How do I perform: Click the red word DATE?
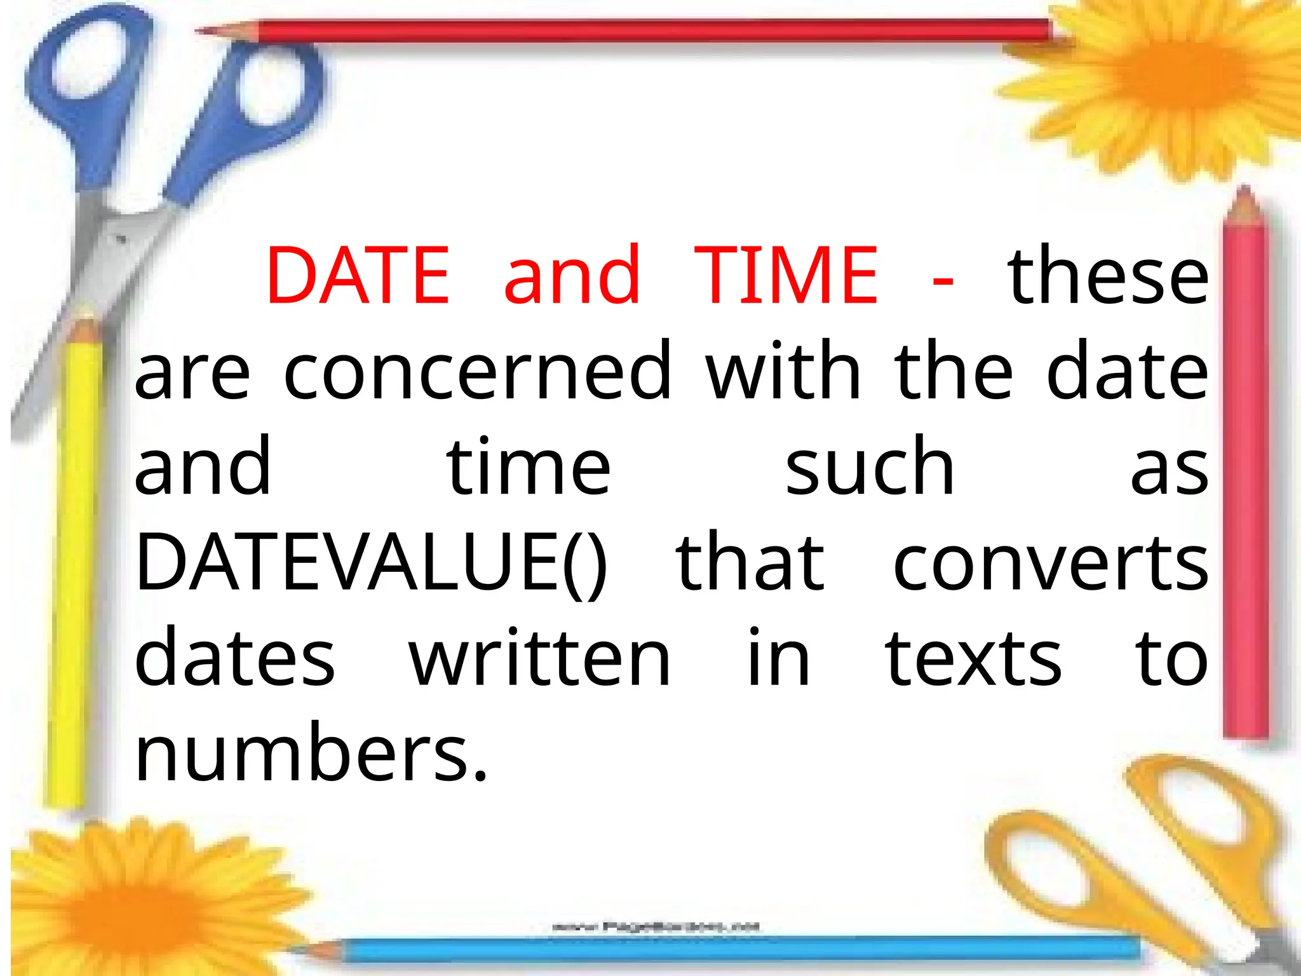coord(358,276)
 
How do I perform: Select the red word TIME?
coord(786,276)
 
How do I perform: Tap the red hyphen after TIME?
coord(943,280)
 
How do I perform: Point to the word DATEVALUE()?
coord(371,562)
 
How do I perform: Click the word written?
coord(539,658)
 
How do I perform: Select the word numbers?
coord(311,754)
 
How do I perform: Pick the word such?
coord(870,466)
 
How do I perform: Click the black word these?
coord(1108,276)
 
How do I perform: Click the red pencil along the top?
coord(635,30)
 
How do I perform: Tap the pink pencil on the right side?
coord(1245,477)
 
